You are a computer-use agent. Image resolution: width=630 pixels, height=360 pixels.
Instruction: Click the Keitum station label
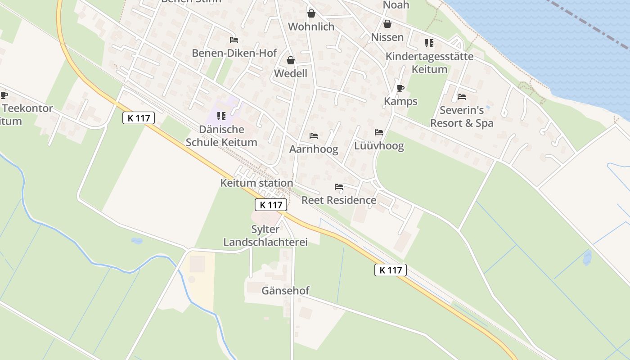[x=256, y=183]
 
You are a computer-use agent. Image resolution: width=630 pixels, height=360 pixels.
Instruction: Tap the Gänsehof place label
[x=285, y=291]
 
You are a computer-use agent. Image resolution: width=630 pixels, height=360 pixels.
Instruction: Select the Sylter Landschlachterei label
[x=265, y=236]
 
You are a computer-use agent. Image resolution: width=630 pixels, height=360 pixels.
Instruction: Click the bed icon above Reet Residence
[x=339, y=187]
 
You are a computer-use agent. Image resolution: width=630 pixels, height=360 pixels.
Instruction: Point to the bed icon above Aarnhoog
[x=314, y=136]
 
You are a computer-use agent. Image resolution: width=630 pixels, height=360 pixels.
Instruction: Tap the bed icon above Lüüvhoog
[x=379, y=132]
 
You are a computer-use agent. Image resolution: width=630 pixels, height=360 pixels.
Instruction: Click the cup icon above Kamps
[x=400, y=88]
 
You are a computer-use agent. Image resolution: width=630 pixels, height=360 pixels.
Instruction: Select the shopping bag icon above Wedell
[x=291, y=60]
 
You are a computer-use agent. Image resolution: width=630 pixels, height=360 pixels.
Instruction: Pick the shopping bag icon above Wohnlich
[x=311, y=13]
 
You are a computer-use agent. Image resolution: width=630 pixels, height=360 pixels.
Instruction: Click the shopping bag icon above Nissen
[x=387, y=24]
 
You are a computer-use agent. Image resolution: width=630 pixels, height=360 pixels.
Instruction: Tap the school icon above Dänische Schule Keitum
[x=221, y=116]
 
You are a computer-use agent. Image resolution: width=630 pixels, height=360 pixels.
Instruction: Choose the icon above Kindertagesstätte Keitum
[x=429, y=43]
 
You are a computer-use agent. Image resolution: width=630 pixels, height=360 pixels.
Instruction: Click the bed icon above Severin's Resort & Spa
[x=461, y=97]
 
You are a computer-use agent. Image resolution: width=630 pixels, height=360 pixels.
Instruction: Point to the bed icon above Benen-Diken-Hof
[x=234, y=40]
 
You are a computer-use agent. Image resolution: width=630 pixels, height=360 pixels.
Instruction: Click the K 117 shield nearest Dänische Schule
[x=139, y=118]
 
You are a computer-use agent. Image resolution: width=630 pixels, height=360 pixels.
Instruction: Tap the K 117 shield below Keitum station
[x=271, y=205]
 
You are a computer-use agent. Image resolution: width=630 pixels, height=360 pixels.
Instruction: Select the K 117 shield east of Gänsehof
[x=391, y=270]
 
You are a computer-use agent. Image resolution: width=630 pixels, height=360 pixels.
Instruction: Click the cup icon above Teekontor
[x=4, y=95]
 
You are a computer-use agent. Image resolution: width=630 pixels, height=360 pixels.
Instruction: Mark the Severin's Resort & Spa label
[x=462, y=117]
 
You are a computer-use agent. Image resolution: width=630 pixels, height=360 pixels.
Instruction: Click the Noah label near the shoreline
[x=396, y=5]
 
